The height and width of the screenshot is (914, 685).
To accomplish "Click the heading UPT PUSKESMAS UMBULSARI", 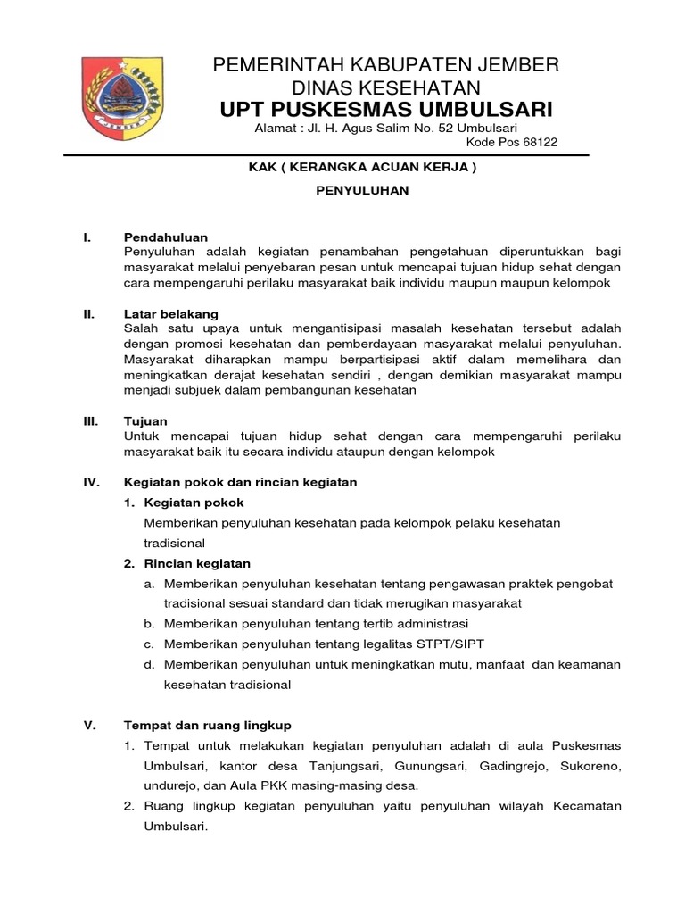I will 386,109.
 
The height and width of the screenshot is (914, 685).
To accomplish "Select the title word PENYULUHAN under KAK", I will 363,191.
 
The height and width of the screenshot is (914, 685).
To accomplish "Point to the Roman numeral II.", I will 89,314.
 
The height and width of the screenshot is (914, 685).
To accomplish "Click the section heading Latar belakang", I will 169,314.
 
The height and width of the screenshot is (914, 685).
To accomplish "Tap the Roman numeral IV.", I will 90,482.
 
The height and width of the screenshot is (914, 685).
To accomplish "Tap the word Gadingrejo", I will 495,766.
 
